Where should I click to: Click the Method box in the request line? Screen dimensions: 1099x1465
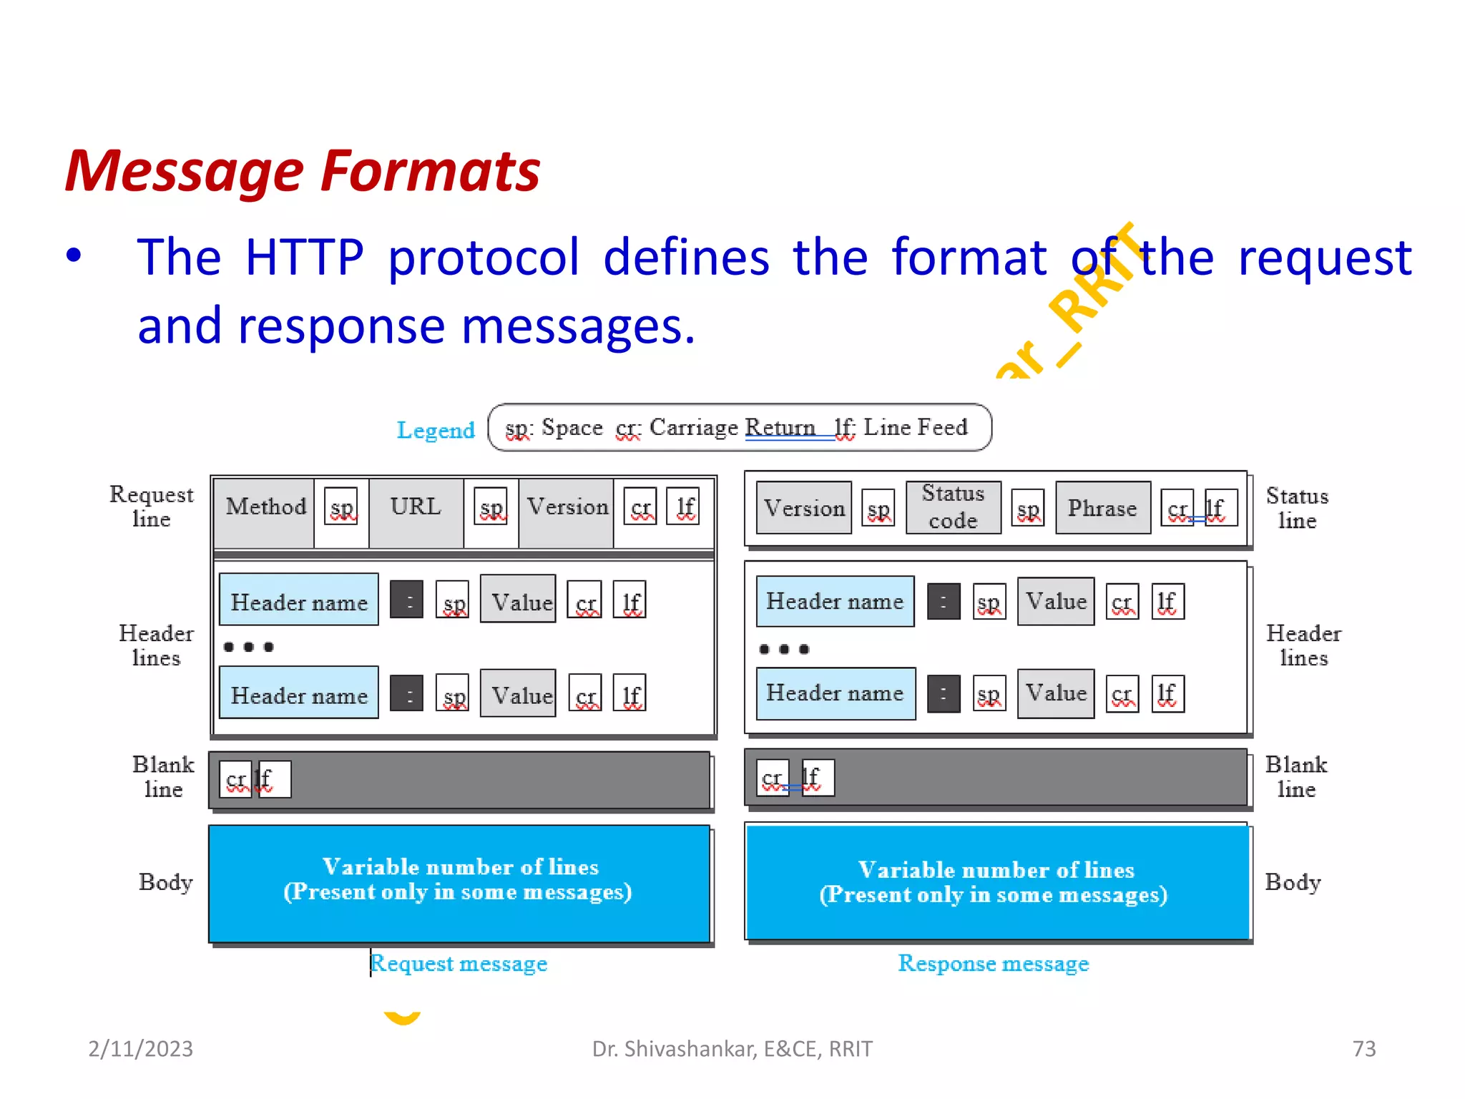click(265, 507)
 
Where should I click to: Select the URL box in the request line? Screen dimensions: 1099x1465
click(416, 507)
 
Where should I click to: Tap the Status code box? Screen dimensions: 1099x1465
click(953, 507)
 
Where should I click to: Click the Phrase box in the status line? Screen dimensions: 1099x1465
click(1102, 508)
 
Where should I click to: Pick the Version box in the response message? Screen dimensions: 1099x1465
click(804, 508)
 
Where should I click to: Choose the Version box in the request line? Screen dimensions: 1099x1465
click(567, 507)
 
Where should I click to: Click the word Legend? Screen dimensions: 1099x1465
click(436, 430)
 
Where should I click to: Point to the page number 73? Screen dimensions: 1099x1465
click(1363, 1049)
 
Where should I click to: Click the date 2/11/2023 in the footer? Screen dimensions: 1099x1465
click(140, 1049)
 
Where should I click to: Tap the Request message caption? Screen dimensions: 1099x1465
click(459, 964)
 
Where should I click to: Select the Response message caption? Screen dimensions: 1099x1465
click(994, 964)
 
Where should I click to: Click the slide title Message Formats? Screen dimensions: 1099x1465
click(303, 172)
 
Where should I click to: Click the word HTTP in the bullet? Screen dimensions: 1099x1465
click(304, 258)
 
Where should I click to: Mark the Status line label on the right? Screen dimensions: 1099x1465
click(1296, 508)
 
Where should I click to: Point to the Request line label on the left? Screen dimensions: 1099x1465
click(152, 507)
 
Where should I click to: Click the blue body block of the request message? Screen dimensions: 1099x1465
click(459, 884)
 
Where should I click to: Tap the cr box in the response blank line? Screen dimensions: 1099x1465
click(773, 778)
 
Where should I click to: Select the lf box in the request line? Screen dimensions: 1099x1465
click(684, 507)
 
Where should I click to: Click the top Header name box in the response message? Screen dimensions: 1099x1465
click(835, 602)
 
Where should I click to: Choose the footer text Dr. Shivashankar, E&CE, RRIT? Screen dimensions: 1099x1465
click(732, 1049)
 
